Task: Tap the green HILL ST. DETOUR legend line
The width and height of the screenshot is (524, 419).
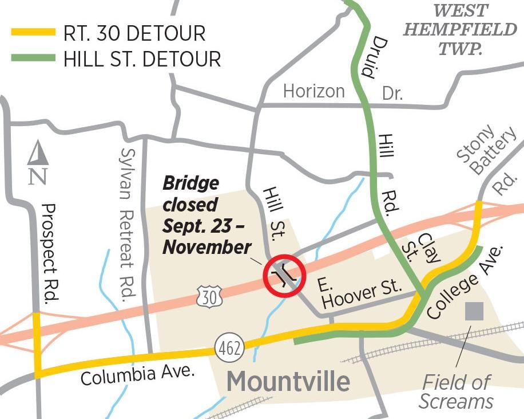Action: pos(33,58)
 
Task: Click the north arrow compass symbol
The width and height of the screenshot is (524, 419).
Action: pos(38,163)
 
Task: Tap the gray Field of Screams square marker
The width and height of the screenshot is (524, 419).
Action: pos(474,311)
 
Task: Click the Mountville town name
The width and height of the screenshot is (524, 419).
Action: pos(288,381)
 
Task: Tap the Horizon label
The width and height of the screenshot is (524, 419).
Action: pos(314,91)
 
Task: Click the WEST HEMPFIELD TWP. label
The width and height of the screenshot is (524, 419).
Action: pos(460,29)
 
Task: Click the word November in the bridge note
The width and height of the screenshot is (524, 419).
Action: pos(207,246)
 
